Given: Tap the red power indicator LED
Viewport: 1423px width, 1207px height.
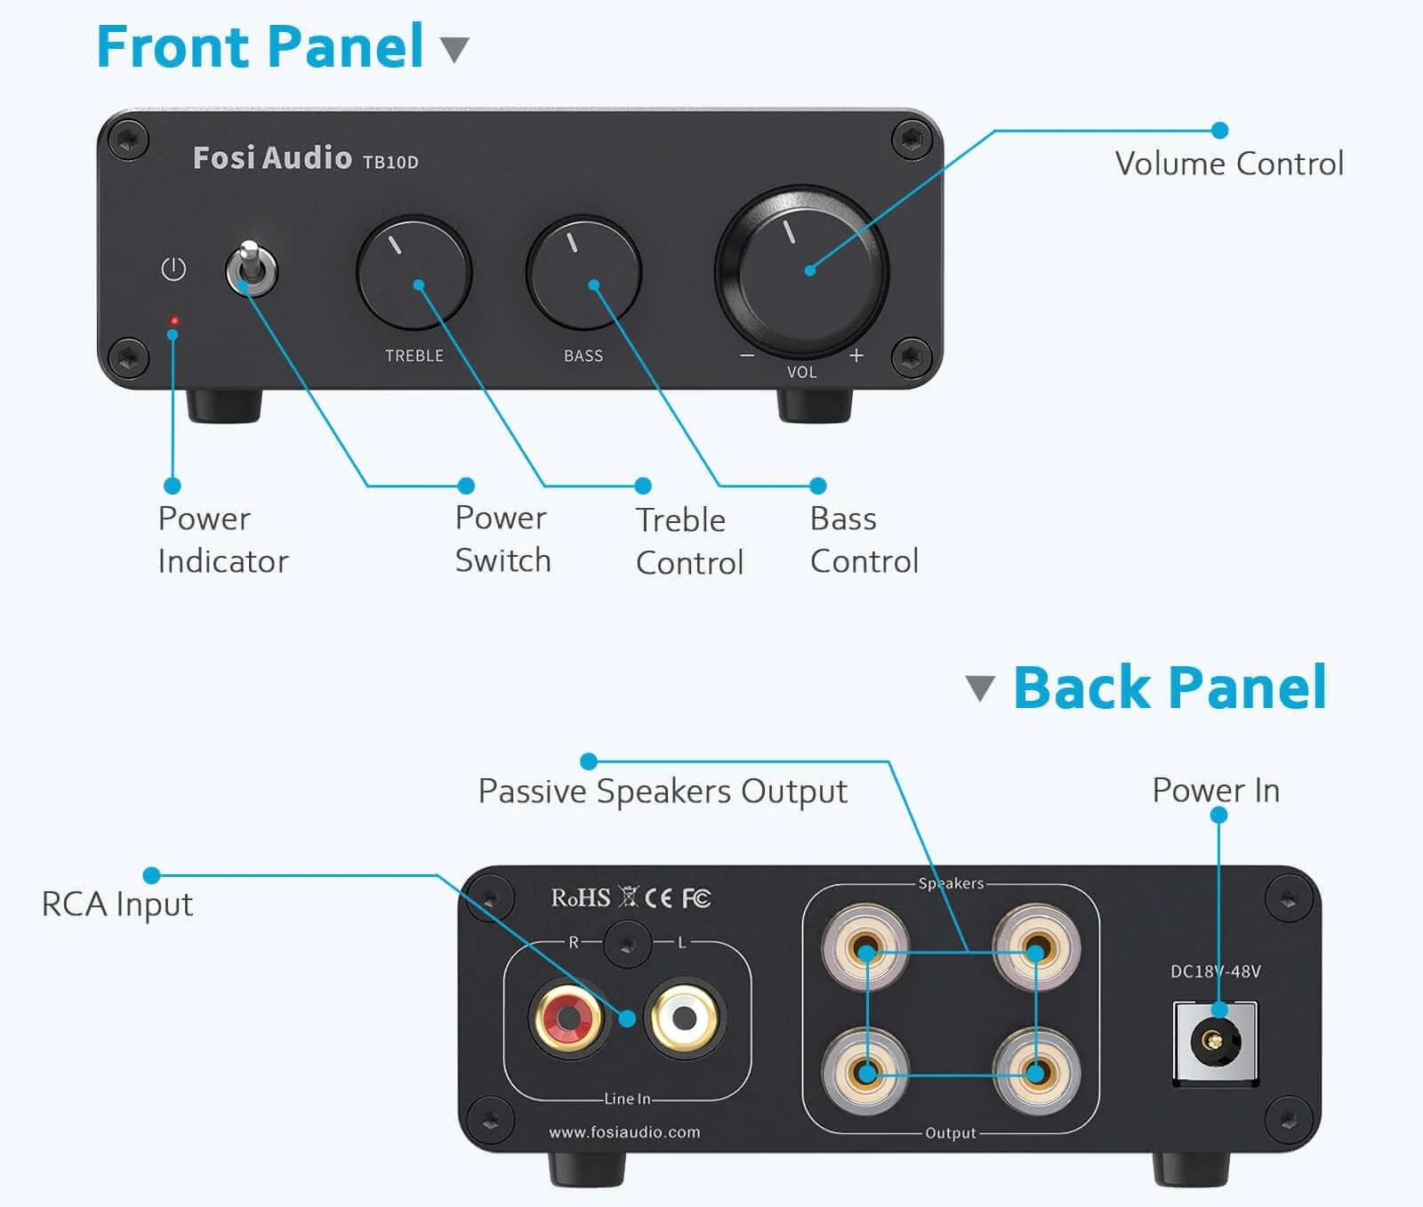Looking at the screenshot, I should (174, 320).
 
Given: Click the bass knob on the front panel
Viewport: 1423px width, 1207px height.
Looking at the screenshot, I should (583, 272).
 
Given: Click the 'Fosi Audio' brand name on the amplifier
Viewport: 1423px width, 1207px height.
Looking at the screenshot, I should (272, 157).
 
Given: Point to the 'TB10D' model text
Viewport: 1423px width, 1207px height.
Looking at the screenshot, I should (390, 162).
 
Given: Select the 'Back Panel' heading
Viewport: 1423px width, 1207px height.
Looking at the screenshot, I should (1170, 688).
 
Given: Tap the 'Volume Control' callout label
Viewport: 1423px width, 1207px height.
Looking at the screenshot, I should (1229, 164).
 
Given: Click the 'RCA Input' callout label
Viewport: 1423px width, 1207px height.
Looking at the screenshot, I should (117, 905).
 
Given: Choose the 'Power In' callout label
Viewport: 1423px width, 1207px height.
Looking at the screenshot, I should (1216, 790).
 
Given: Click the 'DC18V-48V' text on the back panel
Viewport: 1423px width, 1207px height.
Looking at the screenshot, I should (1215, 971).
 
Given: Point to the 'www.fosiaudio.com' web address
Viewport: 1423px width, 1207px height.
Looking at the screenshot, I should (624, 1132).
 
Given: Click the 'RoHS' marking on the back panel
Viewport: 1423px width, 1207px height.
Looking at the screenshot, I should (581, 898).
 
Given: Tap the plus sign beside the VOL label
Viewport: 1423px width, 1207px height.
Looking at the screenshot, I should (856, 356).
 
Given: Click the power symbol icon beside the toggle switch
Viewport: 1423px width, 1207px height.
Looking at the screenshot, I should (173, 269).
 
